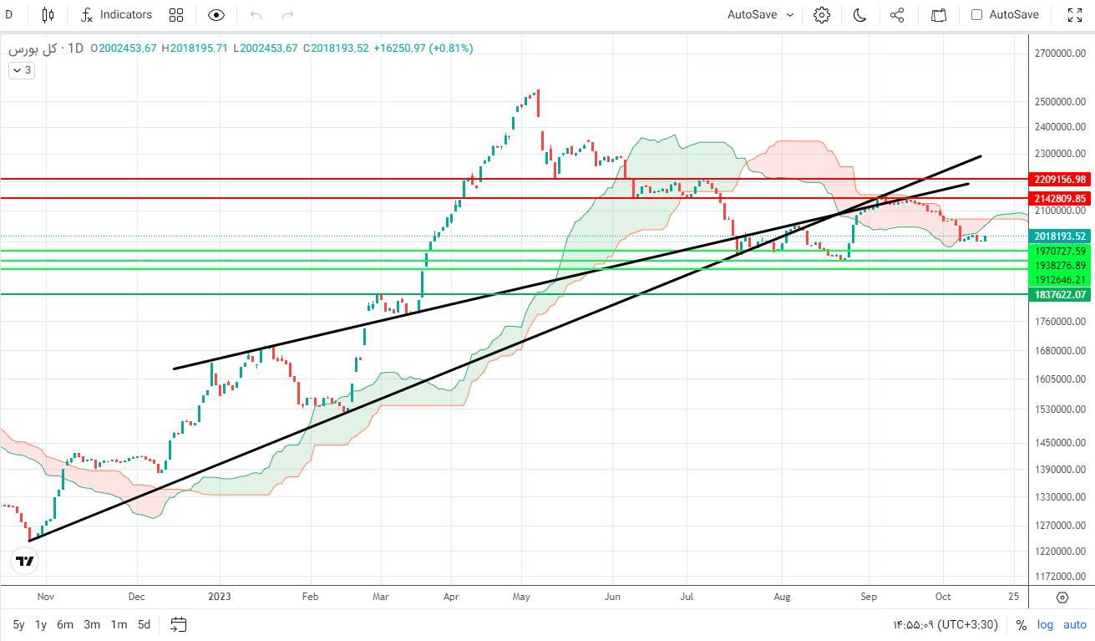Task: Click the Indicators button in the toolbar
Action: pyautogui.click(x=117, y=14)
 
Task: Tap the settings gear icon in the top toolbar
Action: pyautogui.click(x=822, y=14)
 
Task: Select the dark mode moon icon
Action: pyautogui.click(x=859, y=14)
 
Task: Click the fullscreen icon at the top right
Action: pyautogui.click(x=1076, y=14)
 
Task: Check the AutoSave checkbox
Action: pyautogui.click(x=976, y=14)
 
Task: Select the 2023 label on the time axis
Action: pyautogui.click(x=220, y=597)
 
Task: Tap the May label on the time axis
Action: pyautogui.click(x=522, y=597)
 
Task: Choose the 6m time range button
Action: pyautogui.click(x=65, y=624)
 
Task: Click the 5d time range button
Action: pyautogui.click(x=144, y=624)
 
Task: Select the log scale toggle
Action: pyautogui.click(x=1045, y=624)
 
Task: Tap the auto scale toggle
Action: pyautogui.click(x=1075, y=624)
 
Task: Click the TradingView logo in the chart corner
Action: pyautogui.click(x=26, y=562)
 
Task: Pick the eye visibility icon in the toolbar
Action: pyautogui.click(x=216, y=14)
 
